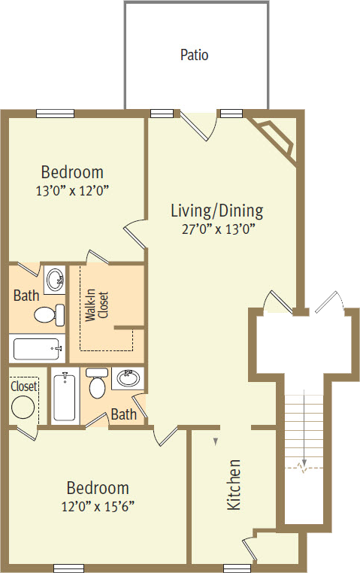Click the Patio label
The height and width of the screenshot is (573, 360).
tap(194, 55)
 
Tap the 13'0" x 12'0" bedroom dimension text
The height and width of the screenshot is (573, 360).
tap(72, 190)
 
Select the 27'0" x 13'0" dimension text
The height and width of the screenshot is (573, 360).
tap(218, 229)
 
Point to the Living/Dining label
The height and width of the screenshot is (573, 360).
tap(217, 211)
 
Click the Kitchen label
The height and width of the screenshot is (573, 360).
tap(234, 484)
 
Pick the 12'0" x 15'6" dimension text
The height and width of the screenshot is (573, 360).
tap(98, 507)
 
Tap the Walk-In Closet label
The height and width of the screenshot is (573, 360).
tap(97, 305)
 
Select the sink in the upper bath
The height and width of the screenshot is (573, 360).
tap(55, 280)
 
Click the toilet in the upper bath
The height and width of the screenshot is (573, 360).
tap(50, 314)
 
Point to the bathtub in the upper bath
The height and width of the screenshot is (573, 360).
tap(36, 349)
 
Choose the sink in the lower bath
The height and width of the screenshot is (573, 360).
tap(128, 378)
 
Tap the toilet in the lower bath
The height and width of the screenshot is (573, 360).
tap(97, 383)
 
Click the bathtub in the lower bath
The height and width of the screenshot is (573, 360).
tap(65, 396)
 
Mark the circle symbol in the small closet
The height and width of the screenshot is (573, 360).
tap(23, 407)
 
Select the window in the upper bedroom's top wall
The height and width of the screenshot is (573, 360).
tap(55, 114)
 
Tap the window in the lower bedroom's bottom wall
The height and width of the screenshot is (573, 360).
tap(69, 568)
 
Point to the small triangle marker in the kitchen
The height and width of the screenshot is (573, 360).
tap(216, 442)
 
